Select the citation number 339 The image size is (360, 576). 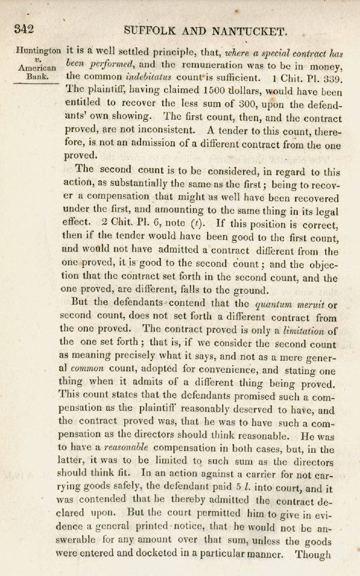pyautogui.click(x=332, y=79)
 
